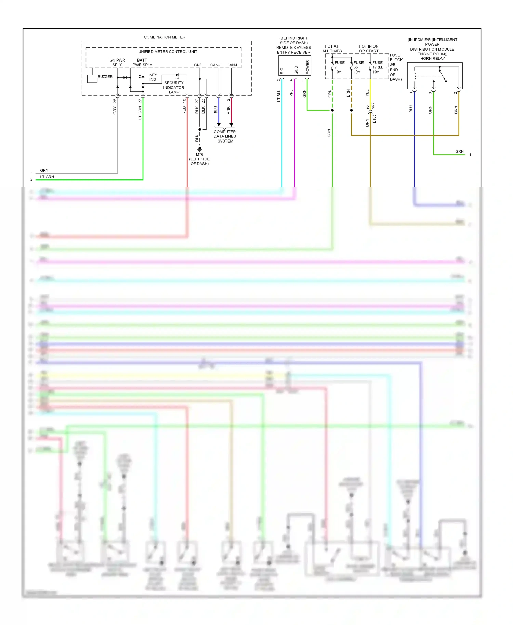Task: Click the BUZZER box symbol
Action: tap(92, 79)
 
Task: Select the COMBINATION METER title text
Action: tap(165, 37)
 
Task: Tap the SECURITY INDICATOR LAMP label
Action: tap(174, 88)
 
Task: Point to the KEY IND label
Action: tap(153, 77)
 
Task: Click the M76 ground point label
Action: tap(199, 155)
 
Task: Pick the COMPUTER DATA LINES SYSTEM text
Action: tap(225, 136)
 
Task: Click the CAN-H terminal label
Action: tap(216, 65)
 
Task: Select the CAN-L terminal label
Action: tap(232, 65)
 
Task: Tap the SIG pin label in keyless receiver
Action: tap(282, 71)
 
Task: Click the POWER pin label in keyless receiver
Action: tap(307, 67)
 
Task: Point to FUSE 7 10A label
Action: tap(339, 67)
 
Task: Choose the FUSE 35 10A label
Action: tap(358, 67)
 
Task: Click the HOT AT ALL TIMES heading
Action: tap(332, 49)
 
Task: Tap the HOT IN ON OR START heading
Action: tap(368, 49)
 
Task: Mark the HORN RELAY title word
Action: tap(432, 59)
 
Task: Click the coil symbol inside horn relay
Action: tap(415, 76)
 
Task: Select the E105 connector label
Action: tap(374, 119)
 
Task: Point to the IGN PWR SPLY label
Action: tap(117, 62)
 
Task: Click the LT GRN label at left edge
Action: tap(47, 177)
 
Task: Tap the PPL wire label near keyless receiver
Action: tap(291, 93)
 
